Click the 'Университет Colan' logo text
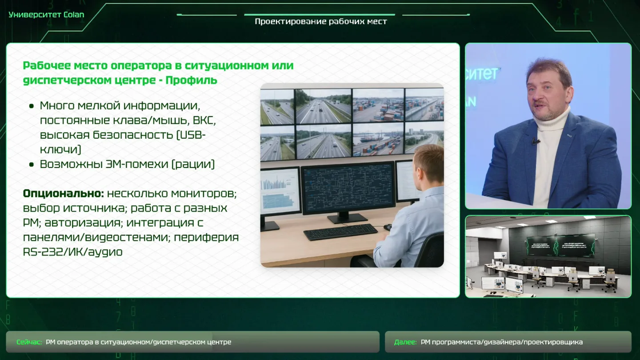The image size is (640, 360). [x=46, y=15]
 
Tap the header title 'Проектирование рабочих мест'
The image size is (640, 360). [x=321, y=22]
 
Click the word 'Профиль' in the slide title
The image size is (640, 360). [x=192, y=80]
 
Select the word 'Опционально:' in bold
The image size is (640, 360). [x=64, y=193]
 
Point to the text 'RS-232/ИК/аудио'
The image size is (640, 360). [x=72, y=252]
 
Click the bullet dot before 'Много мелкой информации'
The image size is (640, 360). [x=32, y=106]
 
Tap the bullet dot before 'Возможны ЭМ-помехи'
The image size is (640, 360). [x=32, y=164]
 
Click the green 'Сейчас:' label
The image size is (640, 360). [x=29, y=342]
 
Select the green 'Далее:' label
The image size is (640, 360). [x=405, y=342]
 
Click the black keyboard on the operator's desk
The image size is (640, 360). [x=340, y=232]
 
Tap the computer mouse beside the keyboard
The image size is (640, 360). [x=388, y=227]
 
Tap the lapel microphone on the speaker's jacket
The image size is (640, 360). [x=535, y=141]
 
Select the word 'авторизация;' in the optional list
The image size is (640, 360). [x=82, y=223]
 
